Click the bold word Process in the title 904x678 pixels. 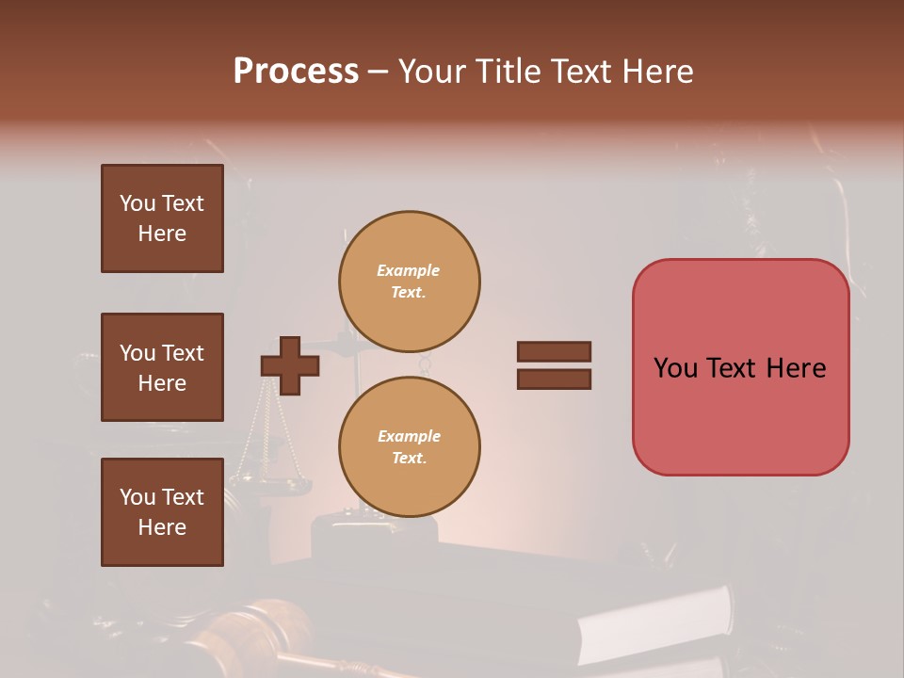pos(296,72)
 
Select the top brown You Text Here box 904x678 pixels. pos(162,218)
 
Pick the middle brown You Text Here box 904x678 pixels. pos(162,367)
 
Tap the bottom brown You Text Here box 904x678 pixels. pos(162,512)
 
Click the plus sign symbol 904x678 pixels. pos(290,365)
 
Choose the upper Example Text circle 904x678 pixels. pos(410,282)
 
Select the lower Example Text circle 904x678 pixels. pos(410,447)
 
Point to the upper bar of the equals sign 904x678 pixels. pos(555,351)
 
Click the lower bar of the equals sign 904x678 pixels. pos(555,379)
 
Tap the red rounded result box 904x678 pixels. pos(740,414)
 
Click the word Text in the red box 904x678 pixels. pos(733,368)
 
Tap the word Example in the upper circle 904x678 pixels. pos(409,270)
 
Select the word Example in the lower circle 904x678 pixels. pos(409,436)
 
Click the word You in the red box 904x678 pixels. pos(675,368)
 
